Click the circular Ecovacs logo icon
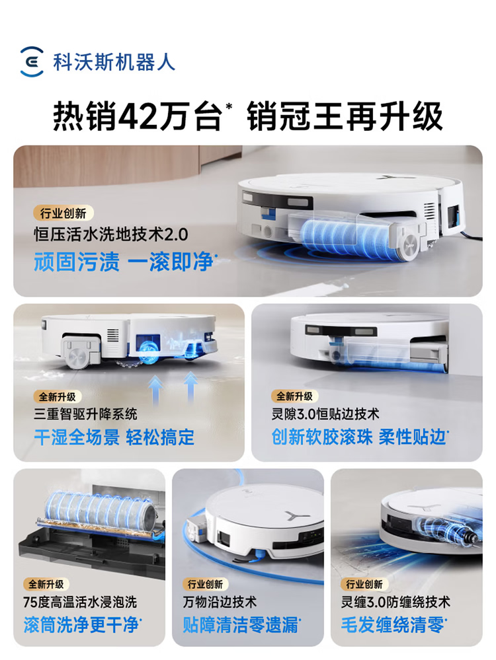click(x=32, y=62)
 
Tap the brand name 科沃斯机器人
click(x=114, y=62)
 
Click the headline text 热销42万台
click(x=137, y=116)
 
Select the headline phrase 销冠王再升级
click(x=345, y=116)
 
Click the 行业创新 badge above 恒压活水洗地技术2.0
click(x=63, y=213)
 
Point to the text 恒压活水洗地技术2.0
click(x=111, y=235)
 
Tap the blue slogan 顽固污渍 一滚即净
click(x=124, y=262)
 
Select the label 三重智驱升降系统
click(x=85, y=414)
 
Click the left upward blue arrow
click(x=155, y=389)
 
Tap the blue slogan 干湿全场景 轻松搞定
click(x=114, y=437)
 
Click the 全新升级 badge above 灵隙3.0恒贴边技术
click(x=294, y=396)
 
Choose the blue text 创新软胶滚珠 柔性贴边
click(x=359, y=437)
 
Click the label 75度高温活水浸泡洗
click(x=80, y=603)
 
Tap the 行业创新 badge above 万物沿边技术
click(x=205, y=584)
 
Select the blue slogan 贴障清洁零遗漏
click(x=241, y=624)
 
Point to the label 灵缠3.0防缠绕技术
click(x=395, y=603)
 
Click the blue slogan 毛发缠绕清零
click(x=393, y=624)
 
